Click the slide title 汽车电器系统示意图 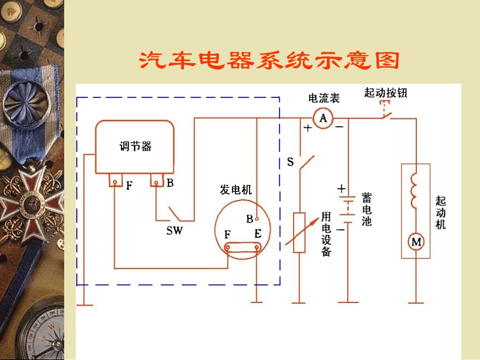[269, 61]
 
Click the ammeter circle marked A [323, 119]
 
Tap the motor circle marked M [416, 242]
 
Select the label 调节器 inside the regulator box [135, 146]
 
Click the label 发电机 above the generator [235, 190]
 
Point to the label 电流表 [324, 98]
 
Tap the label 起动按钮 [386, 92]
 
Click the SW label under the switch [175, 231]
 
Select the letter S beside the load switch [290, 162]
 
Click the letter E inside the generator [258, 234]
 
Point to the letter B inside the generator [250, 219]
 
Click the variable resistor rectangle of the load [299, 232]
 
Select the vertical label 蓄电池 [367, 209]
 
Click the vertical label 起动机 [441, 212]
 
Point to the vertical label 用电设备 [326, 234]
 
